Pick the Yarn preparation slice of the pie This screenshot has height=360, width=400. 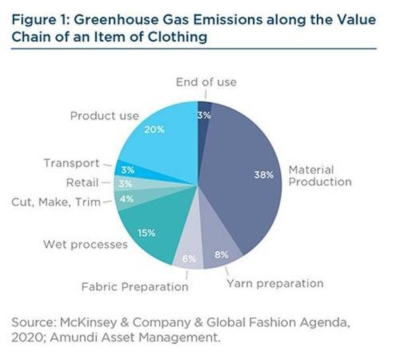coord(221,247)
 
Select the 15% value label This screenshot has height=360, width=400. coord(147,232)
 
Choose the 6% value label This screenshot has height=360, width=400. coord(189,258)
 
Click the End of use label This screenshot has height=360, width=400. coord(205,82)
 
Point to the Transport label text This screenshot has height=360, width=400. coord(71,163)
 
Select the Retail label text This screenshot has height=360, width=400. coord(83,182)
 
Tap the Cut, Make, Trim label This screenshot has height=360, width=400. coord(57,202)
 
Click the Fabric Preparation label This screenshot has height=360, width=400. coord(135,287)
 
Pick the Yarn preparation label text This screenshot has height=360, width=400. coord(275,284)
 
